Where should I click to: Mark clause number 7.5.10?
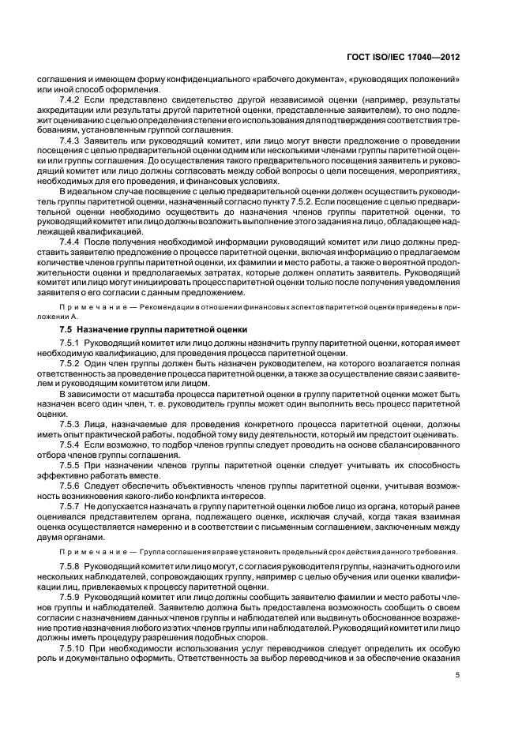click(x=73, y=647)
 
